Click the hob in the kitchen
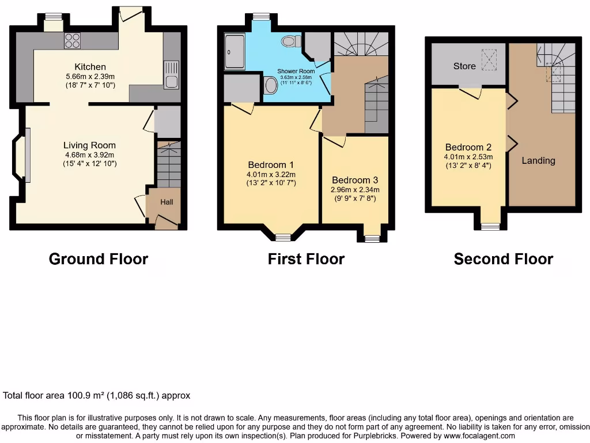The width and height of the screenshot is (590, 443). (x=73, y=40)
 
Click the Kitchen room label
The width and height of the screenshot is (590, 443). (x=90, y=67)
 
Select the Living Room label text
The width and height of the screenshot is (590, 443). (x=89, y=145)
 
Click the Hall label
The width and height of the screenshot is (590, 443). (x=167, y=202)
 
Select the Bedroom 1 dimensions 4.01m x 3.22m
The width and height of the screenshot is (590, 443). (x=271, y=175)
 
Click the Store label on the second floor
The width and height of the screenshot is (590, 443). (x=464, y=66)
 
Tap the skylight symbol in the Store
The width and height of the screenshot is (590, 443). (x=490, y=57)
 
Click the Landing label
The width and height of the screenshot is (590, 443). (x=538, y=160)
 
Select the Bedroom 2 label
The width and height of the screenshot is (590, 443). (x=467, y=147)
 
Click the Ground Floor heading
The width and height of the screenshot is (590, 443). (x=99, y=259)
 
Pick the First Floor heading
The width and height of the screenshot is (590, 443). (x=306, y=259)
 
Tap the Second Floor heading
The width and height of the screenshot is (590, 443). (x=503, y=259)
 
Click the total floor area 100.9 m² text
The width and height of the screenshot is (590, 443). (x=97, y=396)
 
